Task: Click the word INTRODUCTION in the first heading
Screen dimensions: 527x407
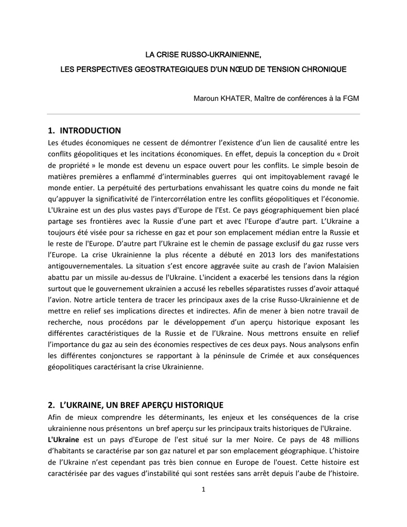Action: click(90, 130)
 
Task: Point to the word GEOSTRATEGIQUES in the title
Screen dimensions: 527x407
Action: click(173, 68)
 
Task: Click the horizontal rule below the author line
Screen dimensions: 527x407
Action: click(203, 114)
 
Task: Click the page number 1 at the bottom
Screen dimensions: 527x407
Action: click(203, 489)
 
